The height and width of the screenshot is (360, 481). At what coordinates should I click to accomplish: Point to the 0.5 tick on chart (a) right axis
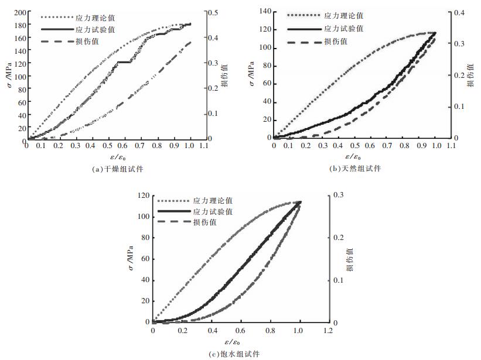[x=214, y=12]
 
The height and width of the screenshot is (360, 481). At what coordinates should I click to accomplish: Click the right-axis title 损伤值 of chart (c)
[x=349, y=259]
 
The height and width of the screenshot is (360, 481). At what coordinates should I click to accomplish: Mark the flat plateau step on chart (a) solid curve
[x=124, y=61]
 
